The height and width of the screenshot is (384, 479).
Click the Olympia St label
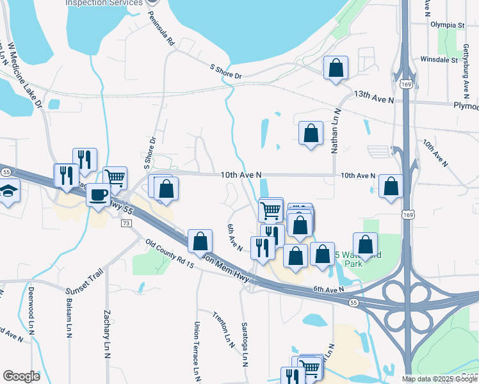pyautogui.click(x=448, y=25)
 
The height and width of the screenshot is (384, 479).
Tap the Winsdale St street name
pyautogui.click(x=442, y=59)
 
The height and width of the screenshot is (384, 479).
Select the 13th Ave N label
pyautogui.click(x=374, y=94)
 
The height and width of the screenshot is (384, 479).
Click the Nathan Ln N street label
pyautogui.click(x=334, y=131)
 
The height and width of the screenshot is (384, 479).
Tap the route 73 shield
pyautogui.click(x=126, y=223)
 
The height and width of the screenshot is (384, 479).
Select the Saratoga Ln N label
pyautogui.click(x=245, y=344)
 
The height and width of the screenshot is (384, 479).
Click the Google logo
pyautogui.click(x=22, y=376)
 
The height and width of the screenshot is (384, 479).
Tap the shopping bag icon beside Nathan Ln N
pyautogui.click(x=311, y=134)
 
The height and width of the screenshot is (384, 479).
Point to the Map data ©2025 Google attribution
pyautogui.click(x=439, y=379)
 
